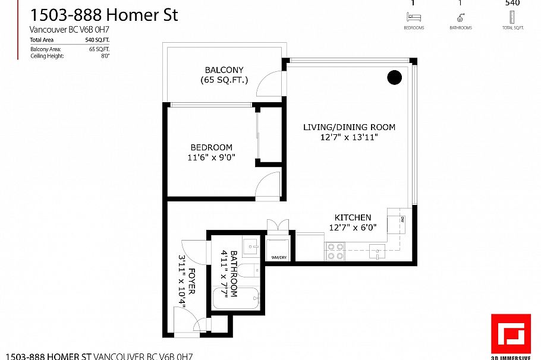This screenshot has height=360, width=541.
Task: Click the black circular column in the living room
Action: tap(394, 77)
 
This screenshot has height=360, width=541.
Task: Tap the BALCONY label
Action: tap(224, 70)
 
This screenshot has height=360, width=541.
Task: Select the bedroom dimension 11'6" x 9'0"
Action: tap(212, 157)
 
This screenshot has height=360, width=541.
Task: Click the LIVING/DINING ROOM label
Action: tap(349, 127)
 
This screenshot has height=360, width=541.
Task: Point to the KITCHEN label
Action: tap(353, 217)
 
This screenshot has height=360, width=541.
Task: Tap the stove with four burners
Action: tap(335, 251)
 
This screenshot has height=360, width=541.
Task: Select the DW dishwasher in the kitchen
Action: tap(401, 221)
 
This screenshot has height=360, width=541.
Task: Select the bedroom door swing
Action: tap(268, 184)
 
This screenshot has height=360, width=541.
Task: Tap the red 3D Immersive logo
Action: tap(510, 333)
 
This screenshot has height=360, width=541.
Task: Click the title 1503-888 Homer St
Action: tap(103, 15)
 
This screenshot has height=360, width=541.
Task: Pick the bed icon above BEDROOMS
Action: tap(414, 18)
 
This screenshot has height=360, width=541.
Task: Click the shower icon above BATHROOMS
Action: tap(461, 18)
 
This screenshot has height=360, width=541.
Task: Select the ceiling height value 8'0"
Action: tap(105, 56)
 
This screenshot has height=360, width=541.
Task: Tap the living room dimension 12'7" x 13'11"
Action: tap(349, 137)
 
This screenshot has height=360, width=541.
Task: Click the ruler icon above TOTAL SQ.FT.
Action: tap(511, 18)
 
